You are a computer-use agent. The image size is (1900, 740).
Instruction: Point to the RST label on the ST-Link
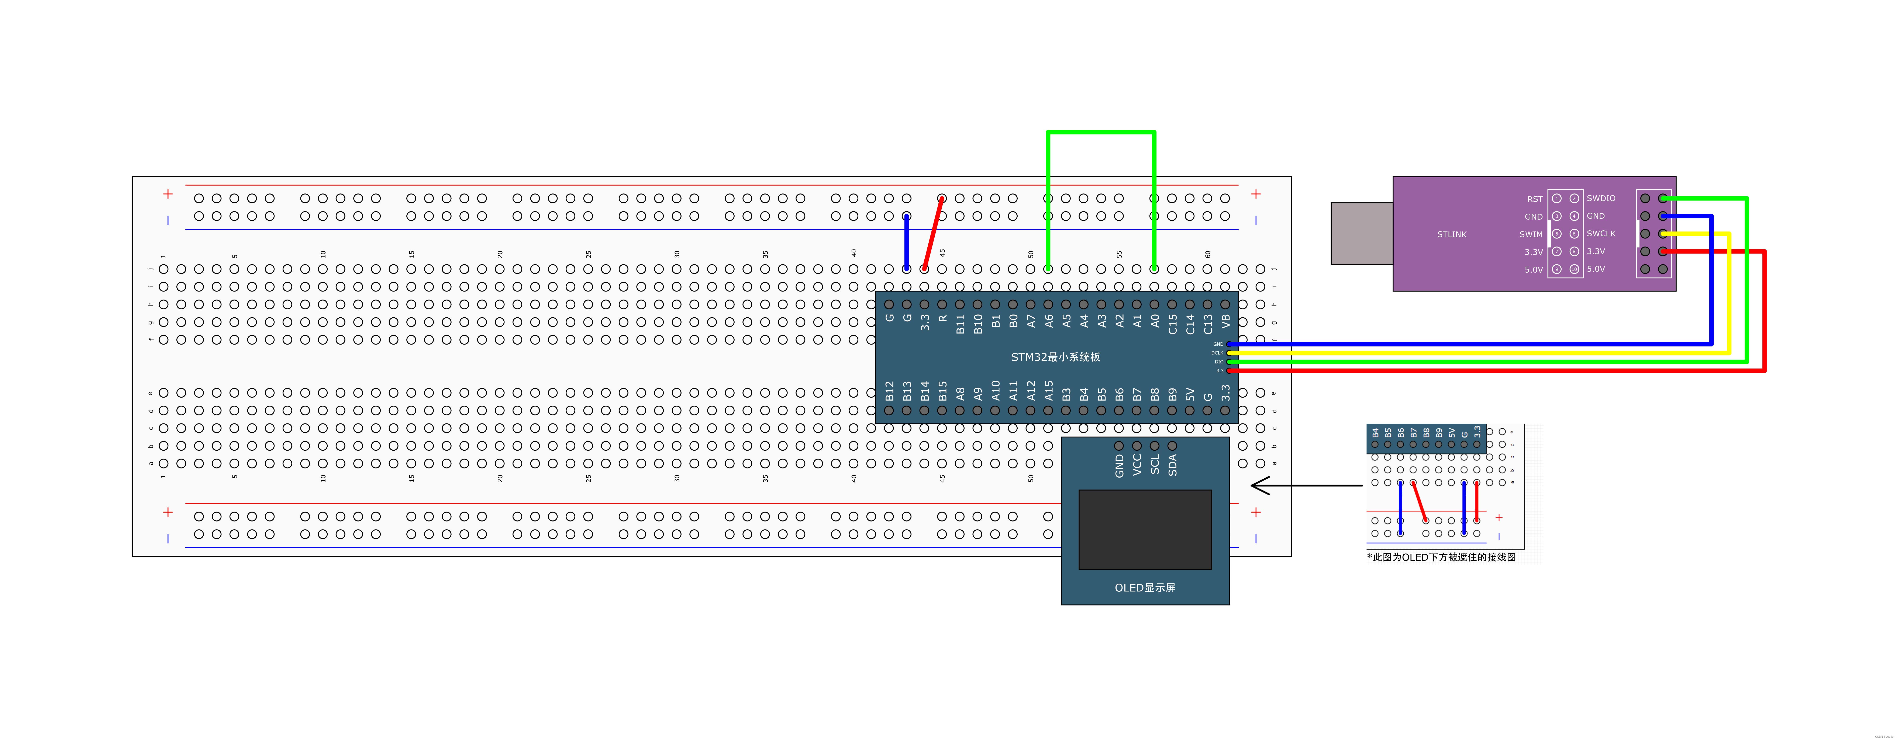(x=1534, y=199)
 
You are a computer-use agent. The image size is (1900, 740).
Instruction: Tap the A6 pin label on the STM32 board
(x=1048, y=321)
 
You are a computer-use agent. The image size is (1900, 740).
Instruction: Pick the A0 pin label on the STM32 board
(x=1154, y=321)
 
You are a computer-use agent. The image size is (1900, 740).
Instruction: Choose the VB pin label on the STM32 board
(x=1225, y=321)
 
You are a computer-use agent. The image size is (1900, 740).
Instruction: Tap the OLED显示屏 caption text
(x=1145, y=587)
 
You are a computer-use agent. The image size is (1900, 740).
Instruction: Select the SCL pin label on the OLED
(x=1154, y=464)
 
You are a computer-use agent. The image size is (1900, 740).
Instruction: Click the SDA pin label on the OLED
(x=1172, y=464)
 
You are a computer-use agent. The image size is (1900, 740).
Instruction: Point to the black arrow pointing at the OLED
(x=1306, y=486)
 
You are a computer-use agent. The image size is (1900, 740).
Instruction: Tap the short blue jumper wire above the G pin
(x=907, y=243)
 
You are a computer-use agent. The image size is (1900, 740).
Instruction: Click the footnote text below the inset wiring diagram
(x=1441, y=557)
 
